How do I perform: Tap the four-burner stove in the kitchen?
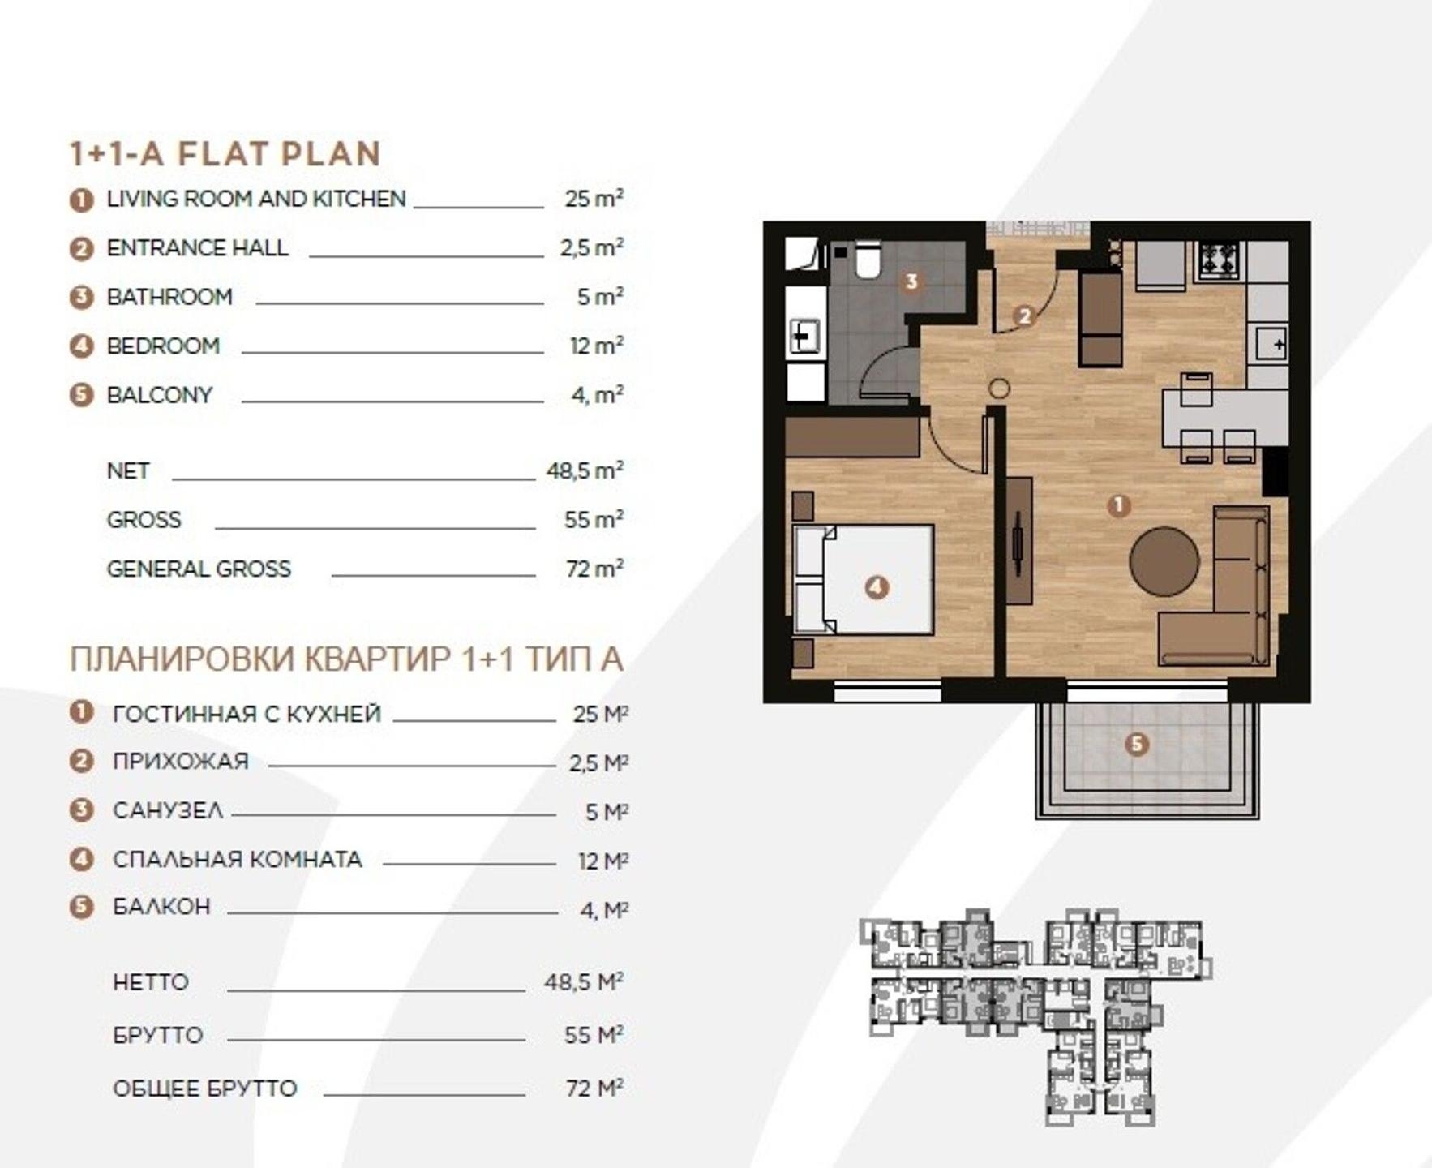pyautogui.click(x=1219, y=260)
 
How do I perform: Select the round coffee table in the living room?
pyautogui.click(x=1164, y=561)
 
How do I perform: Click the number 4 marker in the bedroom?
pyautogui.click(x=877, y=587)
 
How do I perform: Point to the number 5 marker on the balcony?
pyautogui.click(x=1137, y=744)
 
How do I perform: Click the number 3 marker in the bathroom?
pyautogui.click(x=911, y=281)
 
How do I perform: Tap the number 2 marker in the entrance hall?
pyautogui.click(x=1024, y=316)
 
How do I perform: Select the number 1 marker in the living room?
pyautogui.click(x=1119, y=505)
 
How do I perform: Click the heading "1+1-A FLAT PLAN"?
pyautogui.click(x=225, y=154)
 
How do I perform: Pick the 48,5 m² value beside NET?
pyautogui.click(x=585, y=470)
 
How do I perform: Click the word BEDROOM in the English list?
pyautogui.click(x=163, y=346)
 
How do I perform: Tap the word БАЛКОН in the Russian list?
pyautogui.click(x=161, y=907)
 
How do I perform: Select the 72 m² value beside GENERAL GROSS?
pyautogui.click(x=594, y=569)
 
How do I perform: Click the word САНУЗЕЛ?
pyautogui.click(x=168, y=810)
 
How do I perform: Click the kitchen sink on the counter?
pyautogui.click(x=1271, y=345)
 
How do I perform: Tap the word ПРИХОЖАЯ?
pyautogui.click(x=180, y=762)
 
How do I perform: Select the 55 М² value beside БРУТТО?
pyautogui.click(x=594, y=1035)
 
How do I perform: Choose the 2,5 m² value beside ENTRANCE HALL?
pyautogui.click(x=592, y=248)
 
